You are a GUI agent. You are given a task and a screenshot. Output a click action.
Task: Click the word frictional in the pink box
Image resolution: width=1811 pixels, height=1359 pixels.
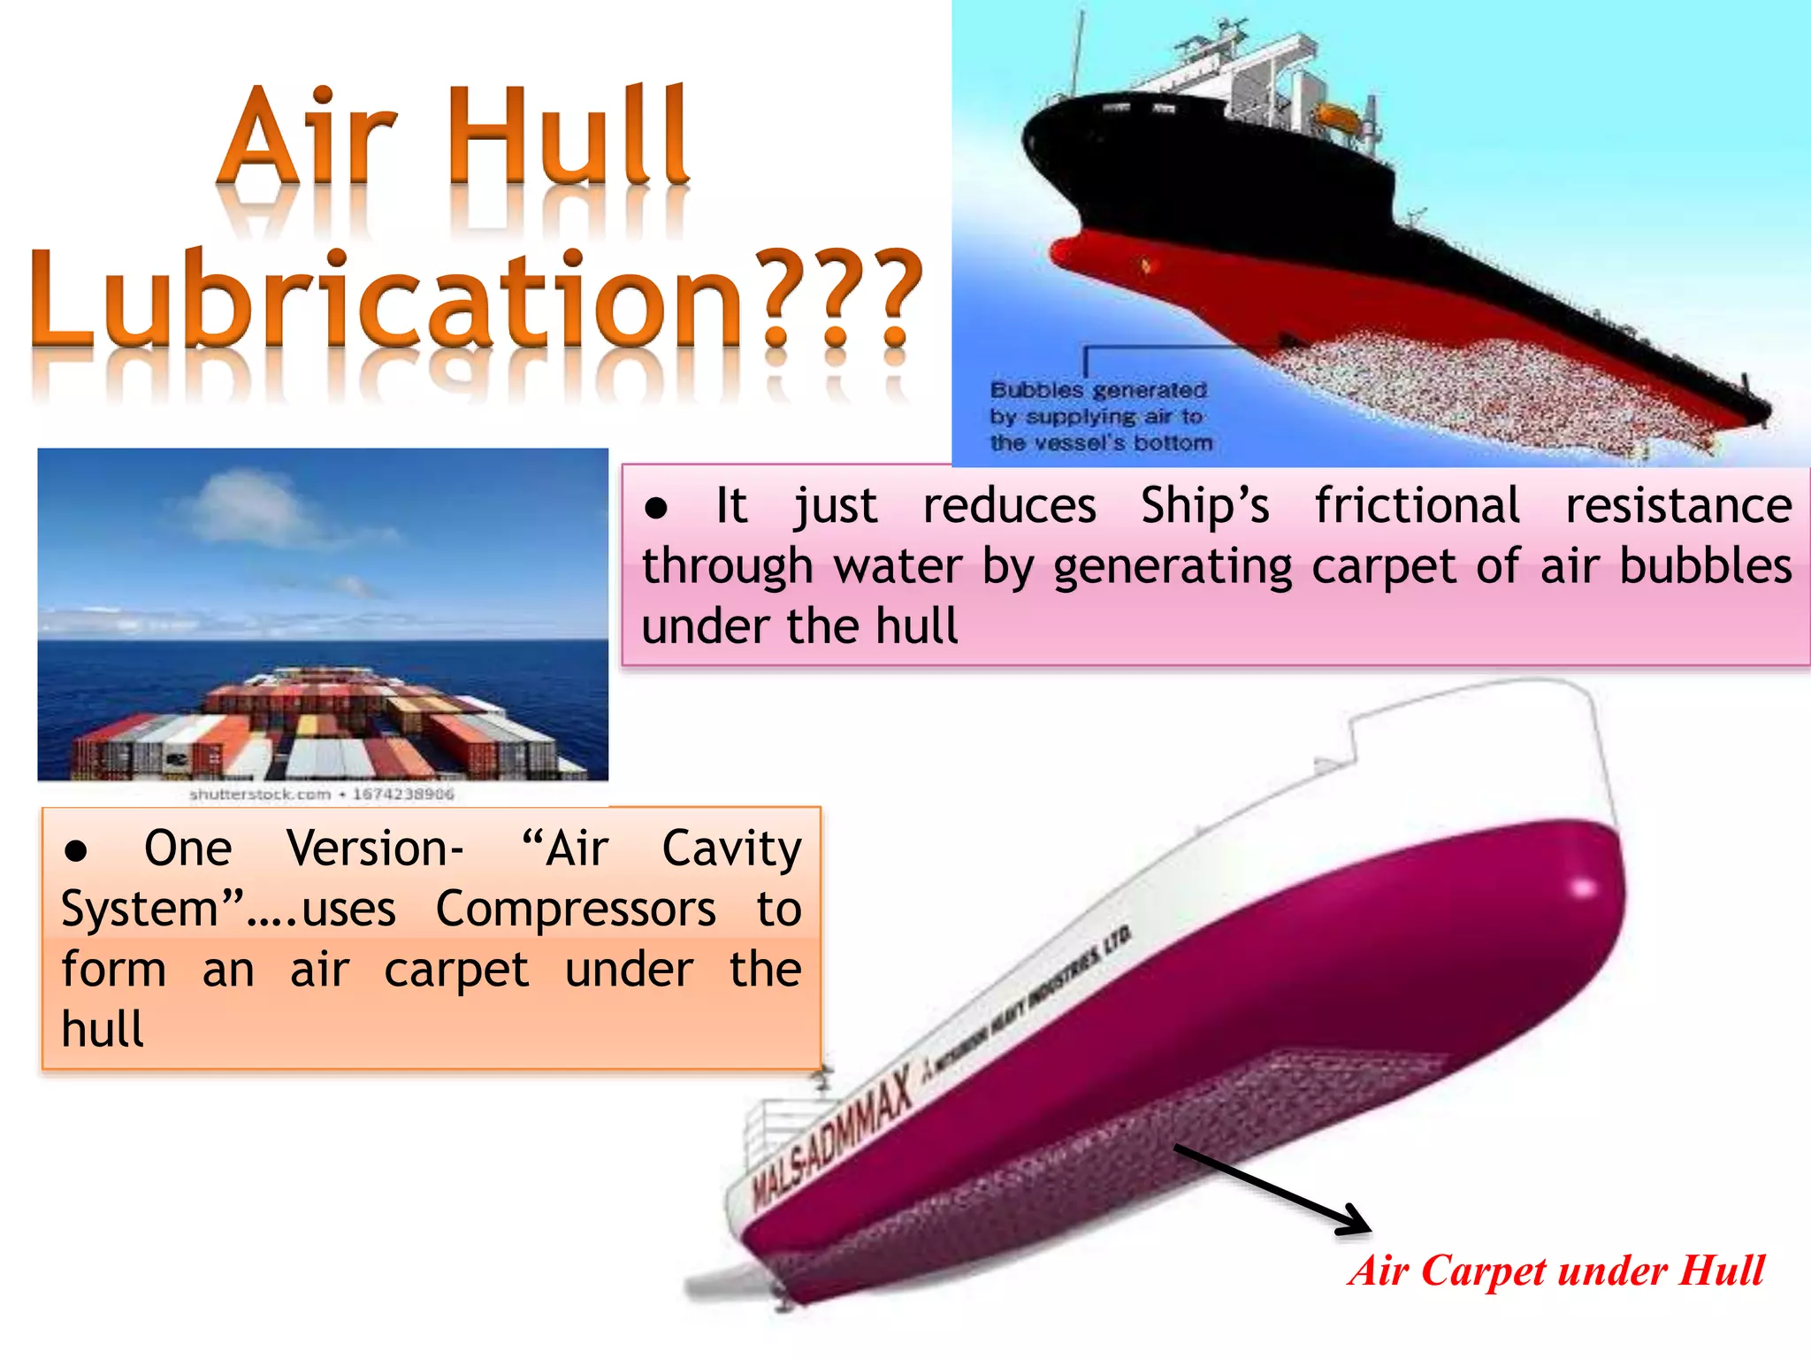[x=1417, y=506]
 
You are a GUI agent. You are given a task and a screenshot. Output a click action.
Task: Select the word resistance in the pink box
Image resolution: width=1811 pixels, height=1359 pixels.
[x=1677, y=506]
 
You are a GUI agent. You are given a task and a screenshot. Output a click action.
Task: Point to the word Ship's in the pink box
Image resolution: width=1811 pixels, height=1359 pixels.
[x=1204, y=506]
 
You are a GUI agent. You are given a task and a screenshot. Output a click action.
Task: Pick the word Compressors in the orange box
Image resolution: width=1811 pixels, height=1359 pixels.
[x=576, y=910]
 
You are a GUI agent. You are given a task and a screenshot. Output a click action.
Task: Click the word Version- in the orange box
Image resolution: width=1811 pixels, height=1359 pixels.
[x=375, y=849]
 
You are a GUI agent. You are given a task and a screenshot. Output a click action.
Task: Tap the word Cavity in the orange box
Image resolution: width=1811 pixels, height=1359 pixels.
[x=731, y=849]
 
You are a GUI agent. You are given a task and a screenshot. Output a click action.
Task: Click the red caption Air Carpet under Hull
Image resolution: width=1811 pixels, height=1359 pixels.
[x=1556, y=1271]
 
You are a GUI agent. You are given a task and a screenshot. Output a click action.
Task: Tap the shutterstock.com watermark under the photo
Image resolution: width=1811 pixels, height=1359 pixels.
[x=321, y=795]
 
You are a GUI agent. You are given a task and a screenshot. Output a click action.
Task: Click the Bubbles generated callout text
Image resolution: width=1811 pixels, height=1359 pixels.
[x=1100, y=416]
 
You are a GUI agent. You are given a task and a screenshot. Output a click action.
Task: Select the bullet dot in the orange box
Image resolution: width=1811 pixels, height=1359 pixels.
[x=76, y=851]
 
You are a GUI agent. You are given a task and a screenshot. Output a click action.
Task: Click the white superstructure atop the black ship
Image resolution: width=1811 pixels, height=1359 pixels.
[x=1256, y=75]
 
